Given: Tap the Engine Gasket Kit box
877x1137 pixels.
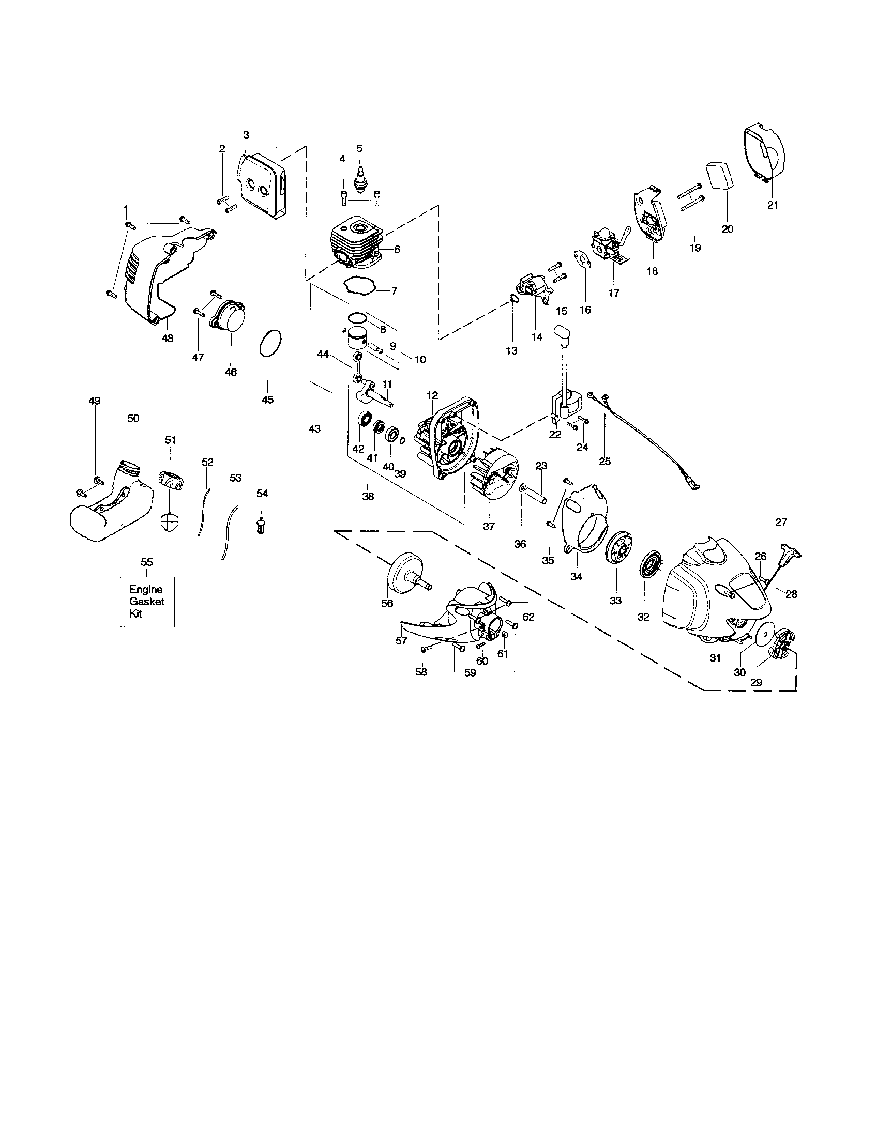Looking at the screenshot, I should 147,601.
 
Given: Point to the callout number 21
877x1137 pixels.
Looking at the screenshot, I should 773,205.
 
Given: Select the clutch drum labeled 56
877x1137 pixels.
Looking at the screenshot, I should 408,573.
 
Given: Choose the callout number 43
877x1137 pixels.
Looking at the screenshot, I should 314,429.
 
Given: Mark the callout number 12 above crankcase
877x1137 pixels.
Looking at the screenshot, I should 432,395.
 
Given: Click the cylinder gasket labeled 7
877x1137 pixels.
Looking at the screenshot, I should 359,285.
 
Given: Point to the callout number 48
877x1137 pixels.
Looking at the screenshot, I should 167,339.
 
